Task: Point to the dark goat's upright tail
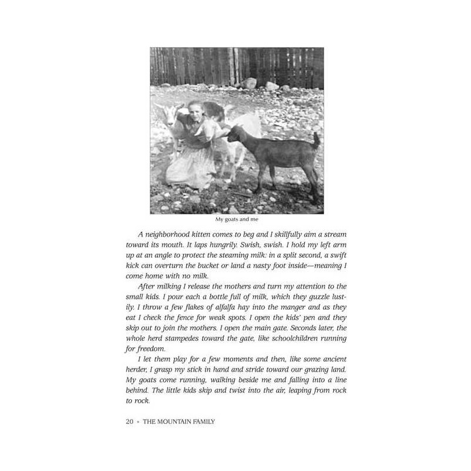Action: [316, 141]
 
